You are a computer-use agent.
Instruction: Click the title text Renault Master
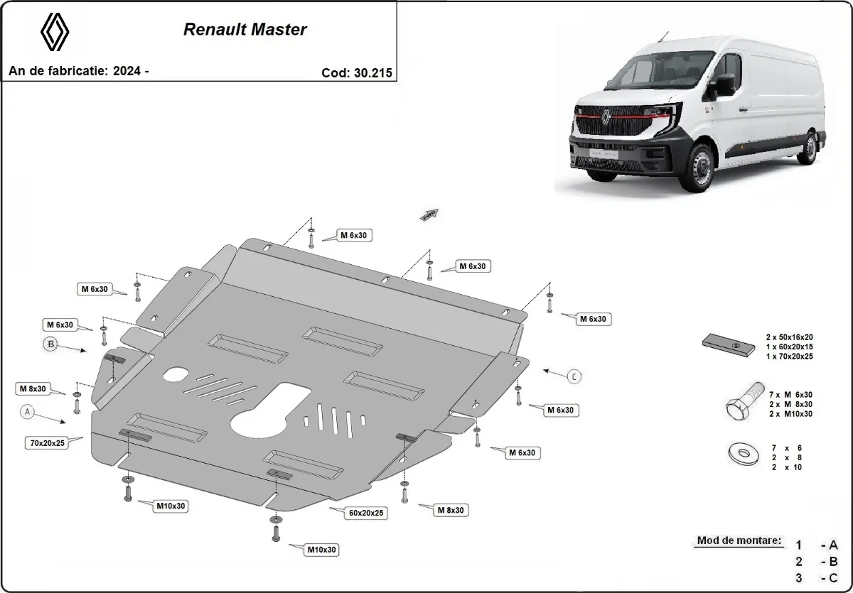[245, 30]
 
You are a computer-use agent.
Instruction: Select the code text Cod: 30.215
[356, 72]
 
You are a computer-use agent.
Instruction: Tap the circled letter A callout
[28, 410]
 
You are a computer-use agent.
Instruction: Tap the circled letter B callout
[51, 344]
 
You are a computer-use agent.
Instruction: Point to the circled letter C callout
[574, 376]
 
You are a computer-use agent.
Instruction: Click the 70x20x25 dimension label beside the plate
[48, 442]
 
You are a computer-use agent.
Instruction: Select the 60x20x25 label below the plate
[367, 511]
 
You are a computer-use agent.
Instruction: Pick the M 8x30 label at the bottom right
[451, 509]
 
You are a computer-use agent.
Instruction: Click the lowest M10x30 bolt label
[321, 550]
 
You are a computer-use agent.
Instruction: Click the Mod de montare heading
[739, 540]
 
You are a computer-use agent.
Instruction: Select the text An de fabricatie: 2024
[78, 71]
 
